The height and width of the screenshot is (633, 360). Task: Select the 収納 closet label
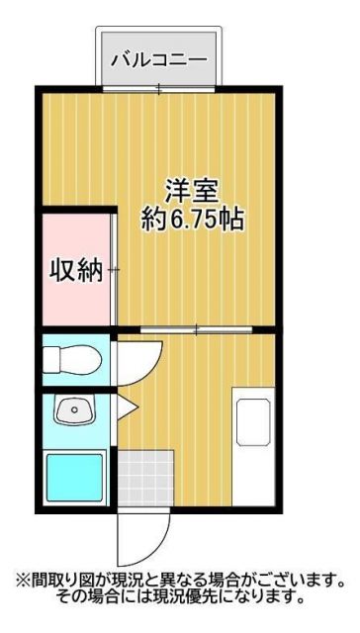tap(76, 269)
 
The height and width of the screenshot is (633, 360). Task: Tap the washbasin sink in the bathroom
tap(72, 407)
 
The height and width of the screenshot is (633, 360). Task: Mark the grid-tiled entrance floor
tap(143, 478)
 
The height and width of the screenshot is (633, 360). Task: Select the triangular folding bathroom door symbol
tap(126, 406)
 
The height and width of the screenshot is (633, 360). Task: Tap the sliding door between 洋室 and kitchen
tap(197, 327)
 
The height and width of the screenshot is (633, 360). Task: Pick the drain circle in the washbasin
tap(72, 409)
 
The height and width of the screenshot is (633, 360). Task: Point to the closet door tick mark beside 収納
tap(115, 269)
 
